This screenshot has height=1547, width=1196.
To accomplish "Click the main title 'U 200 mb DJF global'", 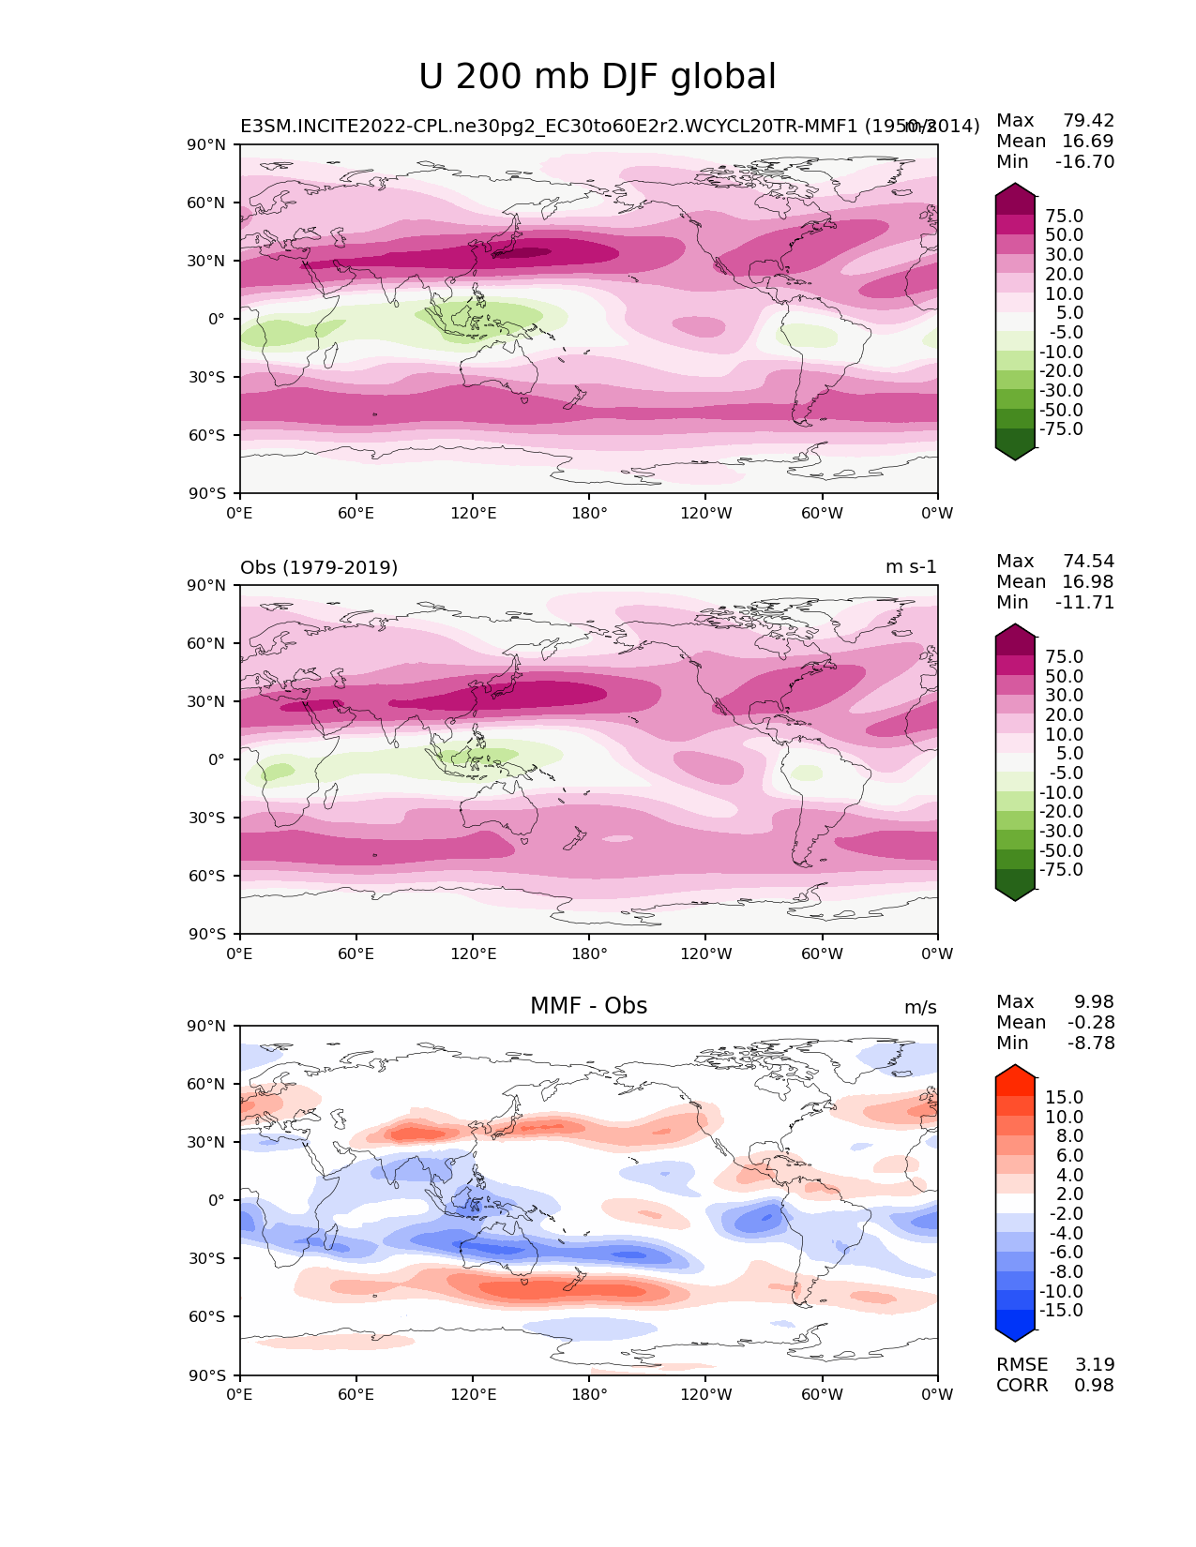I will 598,77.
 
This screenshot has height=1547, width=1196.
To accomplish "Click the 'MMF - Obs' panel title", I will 588,1006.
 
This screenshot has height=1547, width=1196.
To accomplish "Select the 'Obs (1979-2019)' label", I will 319,567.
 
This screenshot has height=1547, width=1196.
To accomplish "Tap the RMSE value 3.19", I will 1094,1364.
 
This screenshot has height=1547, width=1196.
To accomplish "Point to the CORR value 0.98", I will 1094,1385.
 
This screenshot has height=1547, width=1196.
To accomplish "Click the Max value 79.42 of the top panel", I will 1088,120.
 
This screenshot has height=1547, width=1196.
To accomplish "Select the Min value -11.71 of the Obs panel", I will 1084,602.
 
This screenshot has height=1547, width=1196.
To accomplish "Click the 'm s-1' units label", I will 911,567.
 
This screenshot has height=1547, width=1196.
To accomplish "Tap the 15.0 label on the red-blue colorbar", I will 1064,1097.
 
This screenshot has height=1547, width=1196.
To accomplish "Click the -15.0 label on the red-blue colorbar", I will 1061,1310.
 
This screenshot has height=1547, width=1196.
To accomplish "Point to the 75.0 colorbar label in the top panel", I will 1064,216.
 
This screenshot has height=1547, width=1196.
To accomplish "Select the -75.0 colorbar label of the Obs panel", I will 1061,869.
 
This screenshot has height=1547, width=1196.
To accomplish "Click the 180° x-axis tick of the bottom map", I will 589,1394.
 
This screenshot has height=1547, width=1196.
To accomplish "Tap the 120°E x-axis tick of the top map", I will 473,513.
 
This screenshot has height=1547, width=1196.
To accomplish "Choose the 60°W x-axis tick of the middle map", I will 822,954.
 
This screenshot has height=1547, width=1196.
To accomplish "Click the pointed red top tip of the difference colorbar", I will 1015,1070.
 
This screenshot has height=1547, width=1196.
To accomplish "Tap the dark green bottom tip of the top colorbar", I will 1015,455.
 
